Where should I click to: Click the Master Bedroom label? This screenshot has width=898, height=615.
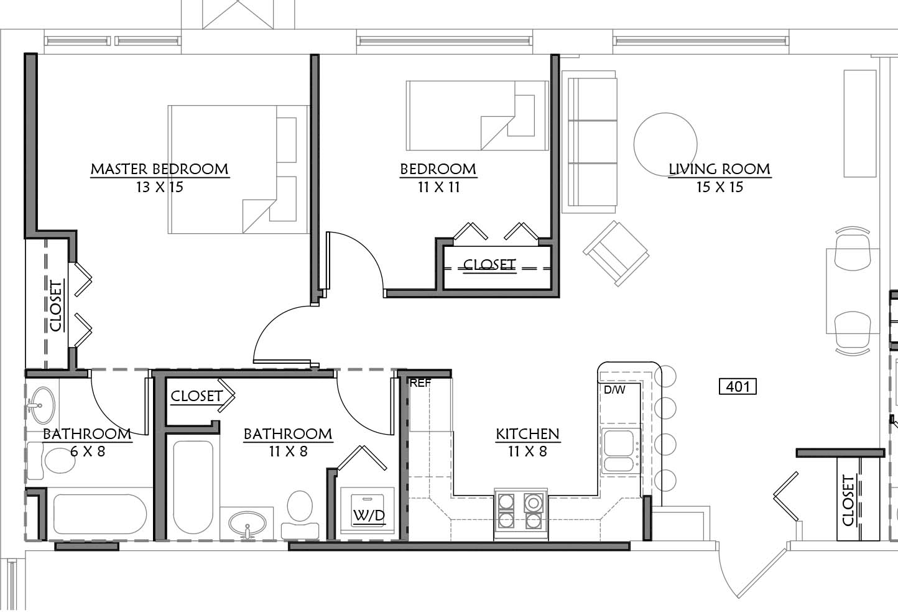(160, 169)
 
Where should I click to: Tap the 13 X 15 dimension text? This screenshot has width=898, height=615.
(160, 187)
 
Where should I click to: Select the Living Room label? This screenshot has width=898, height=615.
(720, 169)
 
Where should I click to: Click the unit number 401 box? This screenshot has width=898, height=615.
(738, 387)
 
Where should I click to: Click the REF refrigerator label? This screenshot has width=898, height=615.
(420, 383)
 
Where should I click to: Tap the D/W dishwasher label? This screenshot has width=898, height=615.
(614, 390)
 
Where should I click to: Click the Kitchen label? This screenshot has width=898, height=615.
(527, 434)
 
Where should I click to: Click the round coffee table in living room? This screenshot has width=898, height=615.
(665, 144)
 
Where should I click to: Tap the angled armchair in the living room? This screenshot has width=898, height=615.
(616, 253)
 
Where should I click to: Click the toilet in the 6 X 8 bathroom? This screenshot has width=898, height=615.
(52, 460)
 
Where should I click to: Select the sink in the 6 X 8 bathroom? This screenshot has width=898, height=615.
(42, 405)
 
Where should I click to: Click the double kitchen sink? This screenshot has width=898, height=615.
(619, 451)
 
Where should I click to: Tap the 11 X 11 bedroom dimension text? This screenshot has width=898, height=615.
(438, 187)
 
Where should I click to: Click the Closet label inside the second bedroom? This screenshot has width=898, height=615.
(489, 265)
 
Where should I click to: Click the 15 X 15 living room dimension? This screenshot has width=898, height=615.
(720, 187)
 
